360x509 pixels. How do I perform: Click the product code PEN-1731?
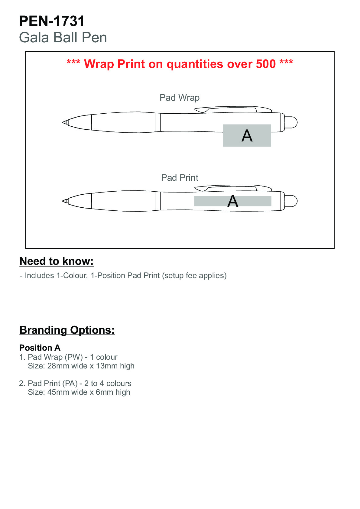pyautogui.click(x=52, y=21)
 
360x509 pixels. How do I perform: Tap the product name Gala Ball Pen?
pyautogui.click(x=63, y=38)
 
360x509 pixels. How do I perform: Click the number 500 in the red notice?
pyautogui.click(x=266, y=64)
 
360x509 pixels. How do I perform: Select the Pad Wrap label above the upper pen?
pyautogui.click(x=180, y=98)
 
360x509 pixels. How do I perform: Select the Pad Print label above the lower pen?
pyautogui.click(x=180, y=178)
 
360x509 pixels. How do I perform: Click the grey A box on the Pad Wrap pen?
pyautogui.click(x=247, y=135)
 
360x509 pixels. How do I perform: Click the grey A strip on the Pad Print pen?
pyautogui.click(x=232, y=201)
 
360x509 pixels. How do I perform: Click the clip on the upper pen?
pyautogui.click(x=233, y=109)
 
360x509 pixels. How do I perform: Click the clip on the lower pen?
pyautogui.click(x=233, y=188)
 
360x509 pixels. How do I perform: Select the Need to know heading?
pyautogui.click(x=57, y=261)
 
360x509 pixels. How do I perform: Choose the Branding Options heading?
pyautogui.click(x=67, y=330)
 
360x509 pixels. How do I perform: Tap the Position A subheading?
pyautogui.click(x=40, y=348)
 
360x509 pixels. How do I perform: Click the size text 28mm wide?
pyautogui.click(x=67, y=366)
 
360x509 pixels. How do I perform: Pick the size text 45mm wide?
pyautogui.click(x=67, y=392)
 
